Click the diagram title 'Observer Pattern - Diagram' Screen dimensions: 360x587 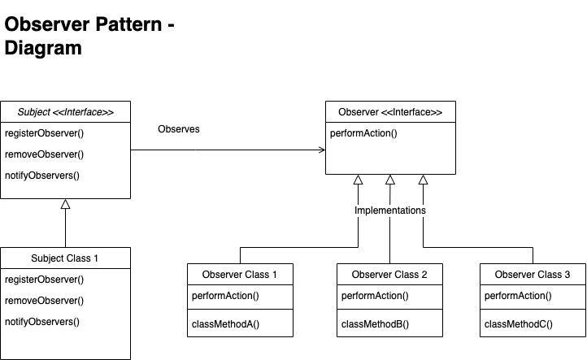click(x=89, y=37)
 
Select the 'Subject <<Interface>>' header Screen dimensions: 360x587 click(x=66, y=112)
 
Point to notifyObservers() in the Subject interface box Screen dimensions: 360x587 click(x=42, y=176)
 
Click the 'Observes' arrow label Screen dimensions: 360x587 click(x=178, y=129)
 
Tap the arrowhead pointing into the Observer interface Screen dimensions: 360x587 click(x=321, y=150)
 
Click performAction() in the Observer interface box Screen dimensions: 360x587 click(x=363, y=133)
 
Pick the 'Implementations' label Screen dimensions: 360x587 click(x=390, y=210)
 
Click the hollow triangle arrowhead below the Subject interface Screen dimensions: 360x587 click(x=66, y=205)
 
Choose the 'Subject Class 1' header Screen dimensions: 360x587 click(x=65, y=258)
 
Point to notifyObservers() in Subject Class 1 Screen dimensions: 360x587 click(x=42, y=322)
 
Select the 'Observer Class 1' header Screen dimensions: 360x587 click(x=240, y=275)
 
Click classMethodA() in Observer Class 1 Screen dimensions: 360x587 click(x=225, y=324)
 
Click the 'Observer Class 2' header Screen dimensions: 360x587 click(x=389, y=275)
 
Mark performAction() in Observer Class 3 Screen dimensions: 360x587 click(x=517, y=297)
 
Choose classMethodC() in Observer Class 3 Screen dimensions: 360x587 click(x=518, y=324)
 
